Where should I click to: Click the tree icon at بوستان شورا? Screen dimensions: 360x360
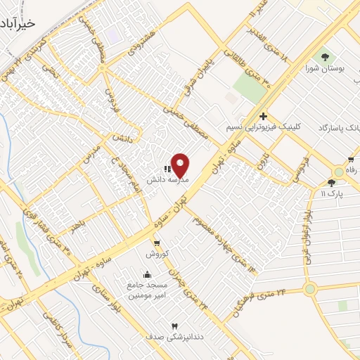point(325,56)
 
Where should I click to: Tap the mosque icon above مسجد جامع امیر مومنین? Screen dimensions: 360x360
point(147,275)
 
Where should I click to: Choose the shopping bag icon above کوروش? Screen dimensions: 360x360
point(157,243)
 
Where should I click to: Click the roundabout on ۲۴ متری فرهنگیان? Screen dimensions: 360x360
point(310,288)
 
